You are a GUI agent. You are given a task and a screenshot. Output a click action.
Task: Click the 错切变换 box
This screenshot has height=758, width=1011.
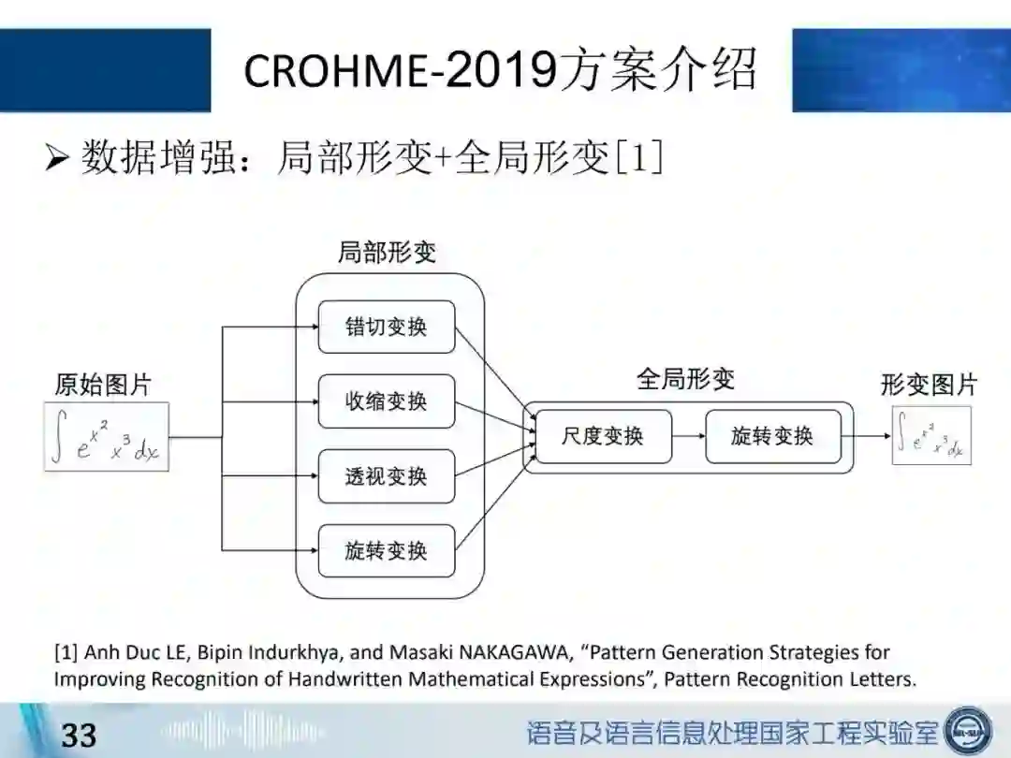coord(386,327)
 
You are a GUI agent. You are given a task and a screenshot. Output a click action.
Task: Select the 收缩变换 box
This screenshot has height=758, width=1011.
coord(386,401)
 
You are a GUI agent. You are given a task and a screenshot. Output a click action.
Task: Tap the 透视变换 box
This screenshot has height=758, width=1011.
coord(386,476)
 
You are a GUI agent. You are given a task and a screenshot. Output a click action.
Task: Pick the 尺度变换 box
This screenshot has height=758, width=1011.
coord(603,436)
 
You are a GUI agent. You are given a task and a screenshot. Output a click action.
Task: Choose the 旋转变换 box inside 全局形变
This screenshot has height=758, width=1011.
coord(772,436)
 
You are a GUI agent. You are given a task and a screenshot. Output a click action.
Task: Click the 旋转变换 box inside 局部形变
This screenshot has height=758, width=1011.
coord(386,551)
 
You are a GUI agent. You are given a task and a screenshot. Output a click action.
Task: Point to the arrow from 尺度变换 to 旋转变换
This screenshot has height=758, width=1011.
coord(689,436)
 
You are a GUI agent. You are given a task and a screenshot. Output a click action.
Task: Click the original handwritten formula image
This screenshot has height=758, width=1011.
coord(107,436)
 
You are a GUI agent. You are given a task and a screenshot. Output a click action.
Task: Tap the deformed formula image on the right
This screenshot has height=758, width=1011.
coord(930,435)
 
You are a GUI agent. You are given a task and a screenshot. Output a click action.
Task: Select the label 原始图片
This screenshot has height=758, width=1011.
coord(102,385)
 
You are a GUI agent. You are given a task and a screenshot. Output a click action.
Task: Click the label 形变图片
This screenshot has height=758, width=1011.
coord(929,384)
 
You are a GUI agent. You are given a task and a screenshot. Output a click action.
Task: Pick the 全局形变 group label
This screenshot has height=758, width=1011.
coord(686,379)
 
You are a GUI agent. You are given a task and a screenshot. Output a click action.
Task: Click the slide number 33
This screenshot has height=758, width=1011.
coord(79,735)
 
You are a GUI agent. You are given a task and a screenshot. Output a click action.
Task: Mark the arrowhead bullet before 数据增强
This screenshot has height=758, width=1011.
coord(57,159)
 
